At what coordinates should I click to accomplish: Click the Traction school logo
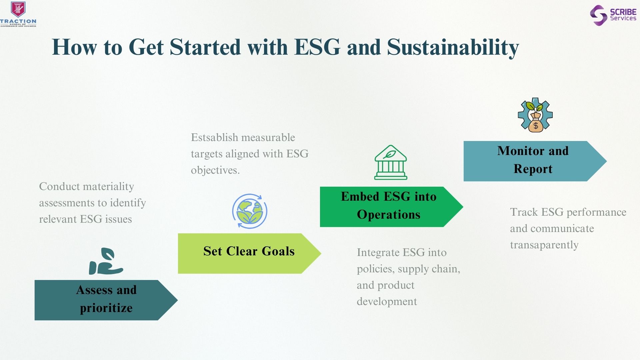point(18,14)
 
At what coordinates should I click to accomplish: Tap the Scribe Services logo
point(613,15)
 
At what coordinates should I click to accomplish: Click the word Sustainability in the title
point(453,47)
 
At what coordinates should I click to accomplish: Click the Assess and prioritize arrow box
point(106,300)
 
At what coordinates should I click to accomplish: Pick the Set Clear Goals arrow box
point(249,253)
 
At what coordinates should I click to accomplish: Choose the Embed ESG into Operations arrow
point(391,207)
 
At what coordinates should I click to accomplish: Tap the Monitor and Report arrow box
point(535,161)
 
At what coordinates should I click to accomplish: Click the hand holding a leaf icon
point(106,261)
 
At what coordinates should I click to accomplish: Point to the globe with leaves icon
point(250,211)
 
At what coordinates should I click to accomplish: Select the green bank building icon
point(391,162)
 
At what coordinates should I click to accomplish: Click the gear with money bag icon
point(535,115)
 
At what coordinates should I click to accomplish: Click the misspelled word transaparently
point(544,245)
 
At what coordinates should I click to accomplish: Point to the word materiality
point(111,186)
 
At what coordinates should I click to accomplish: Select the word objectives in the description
point(215,170)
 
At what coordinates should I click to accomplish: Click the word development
point(387,301)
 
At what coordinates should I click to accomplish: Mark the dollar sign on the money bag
point(536,126)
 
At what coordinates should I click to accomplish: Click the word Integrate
point(378,253)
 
